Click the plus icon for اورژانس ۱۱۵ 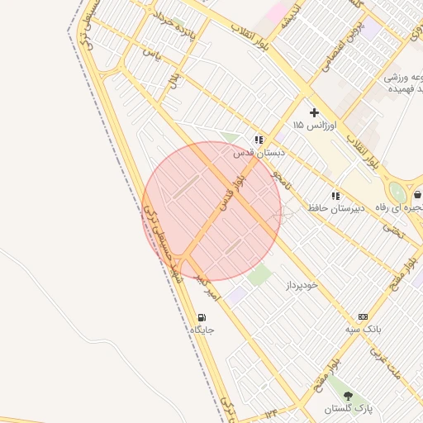pos(314,112)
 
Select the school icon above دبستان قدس pos(259,140)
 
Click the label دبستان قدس pos(259,153)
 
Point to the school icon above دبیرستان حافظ pos(335,196)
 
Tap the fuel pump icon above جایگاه pos(202,317)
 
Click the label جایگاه pos(202,330)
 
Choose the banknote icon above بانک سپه pos(363,317)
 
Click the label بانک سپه pos(363,330)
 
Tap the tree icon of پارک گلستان pos(347,397)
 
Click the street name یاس pos(150,53)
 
